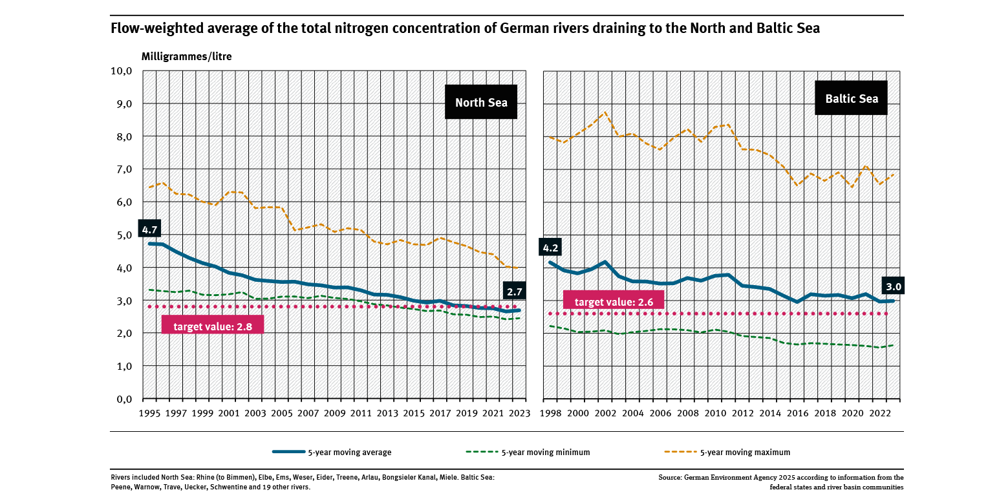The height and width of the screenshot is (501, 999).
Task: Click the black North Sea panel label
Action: click(x=481, y=102)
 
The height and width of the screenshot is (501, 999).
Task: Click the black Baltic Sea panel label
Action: click(x=851, y=98)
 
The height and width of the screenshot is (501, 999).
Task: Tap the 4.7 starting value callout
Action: click(x=150, y=229)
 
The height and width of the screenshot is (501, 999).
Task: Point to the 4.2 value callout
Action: click(x=551, y=248)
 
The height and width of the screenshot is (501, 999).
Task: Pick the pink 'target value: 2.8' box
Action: click(x=213, y=325)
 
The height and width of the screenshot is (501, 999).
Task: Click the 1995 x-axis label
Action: click(x=151, y=413)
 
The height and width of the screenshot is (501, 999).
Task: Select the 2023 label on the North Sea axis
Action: click(x=517, y=413)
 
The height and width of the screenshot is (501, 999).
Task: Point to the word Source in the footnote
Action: click(x=671, y=477)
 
